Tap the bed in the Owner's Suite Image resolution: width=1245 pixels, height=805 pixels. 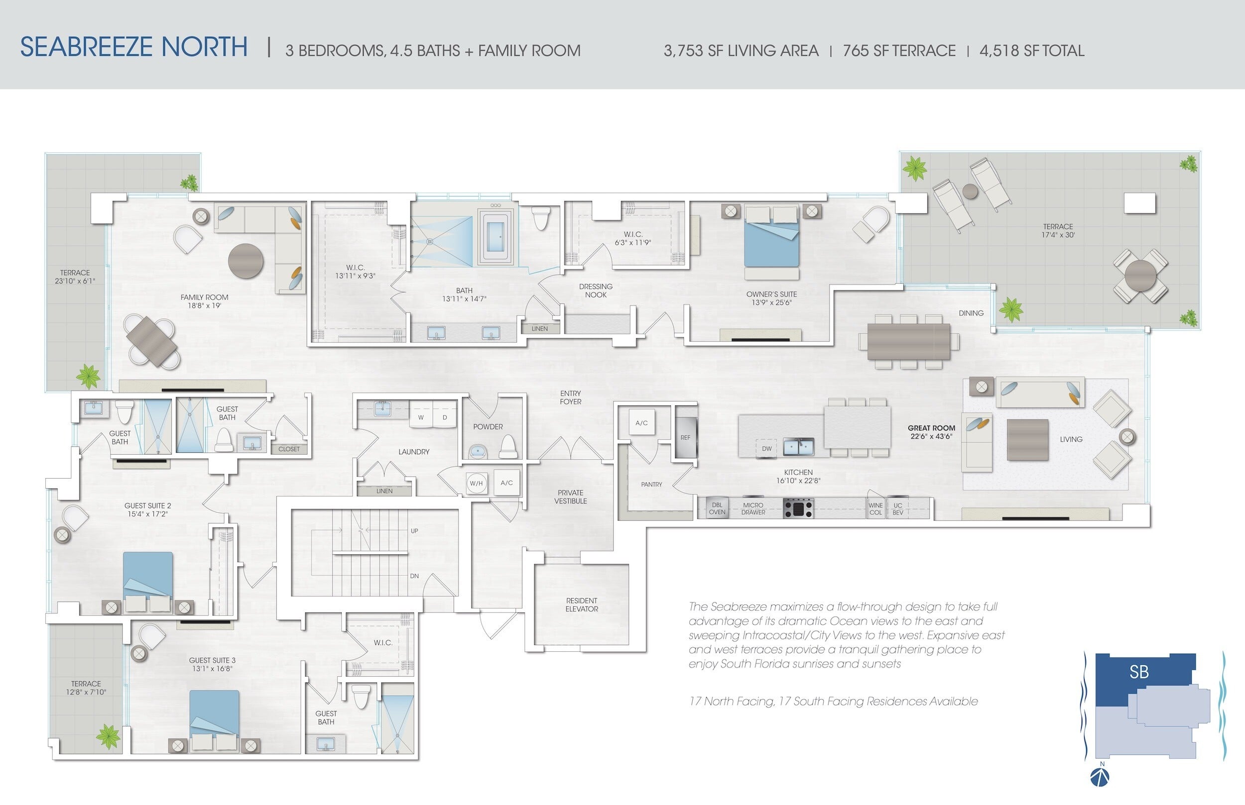[771, 237]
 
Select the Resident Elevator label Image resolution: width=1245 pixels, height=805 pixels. [582, 605]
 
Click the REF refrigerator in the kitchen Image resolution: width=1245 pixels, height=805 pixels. [685, 437]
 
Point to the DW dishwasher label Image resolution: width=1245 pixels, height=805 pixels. [767, 448]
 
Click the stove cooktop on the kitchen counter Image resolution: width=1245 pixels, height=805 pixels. [798, 507]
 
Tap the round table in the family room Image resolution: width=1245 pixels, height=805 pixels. [246, 261]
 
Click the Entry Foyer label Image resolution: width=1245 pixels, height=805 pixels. [570, 397]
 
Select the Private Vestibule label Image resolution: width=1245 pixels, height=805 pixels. [570, 497]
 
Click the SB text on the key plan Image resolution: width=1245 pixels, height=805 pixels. [1139, 672]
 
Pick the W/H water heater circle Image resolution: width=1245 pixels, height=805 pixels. [476, 484]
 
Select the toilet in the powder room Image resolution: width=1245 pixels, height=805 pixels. [508, 447]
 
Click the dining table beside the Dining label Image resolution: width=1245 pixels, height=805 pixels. [909, 341]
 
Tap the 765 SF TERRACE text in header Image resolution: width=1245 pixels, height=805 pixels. [899, 51]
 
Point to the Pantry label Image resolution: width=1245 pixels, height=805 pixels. [651, 485]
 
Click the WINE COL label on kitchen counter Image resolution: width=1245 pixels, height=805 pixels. [875, 508]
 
